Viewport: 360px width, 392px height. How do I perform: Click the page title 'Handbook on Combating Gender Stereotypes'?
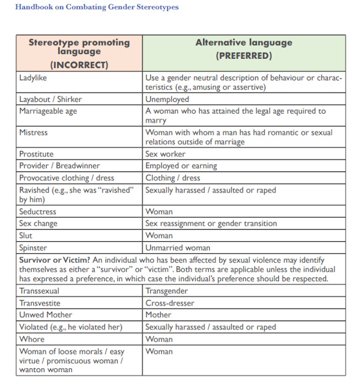point(97,7)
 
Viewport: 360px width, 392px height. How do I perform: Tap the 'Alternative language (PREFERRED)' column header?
point(244,49)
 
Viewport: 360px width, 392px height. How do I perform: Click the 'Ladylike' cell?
point(33,78)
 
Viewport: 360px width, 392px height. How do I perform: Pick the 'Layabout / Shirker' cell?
point(50,99)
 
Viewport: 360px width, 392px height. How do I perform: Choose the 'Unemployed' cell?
point(167,99)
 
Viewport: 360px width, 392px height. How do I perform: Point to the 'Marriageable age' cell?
point(48,111)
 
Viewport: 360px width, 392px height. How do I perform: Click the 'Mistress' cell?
point(33,133)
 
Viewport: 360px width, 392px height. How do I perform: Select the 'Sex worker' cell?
point(166,154)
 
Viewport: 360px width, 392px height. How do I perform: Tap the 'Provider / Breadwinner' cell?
point(60,166)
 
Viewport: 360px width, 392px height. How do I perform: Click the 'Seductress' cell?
point(38,211)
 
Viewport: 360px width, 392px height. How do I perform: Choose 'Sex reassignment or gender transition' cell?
point(211,223)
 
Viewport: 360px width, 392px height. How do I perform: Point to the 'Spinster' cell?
point(33,248)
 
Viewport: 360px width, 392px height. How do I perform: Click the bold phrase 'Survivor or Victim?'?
point(54,260)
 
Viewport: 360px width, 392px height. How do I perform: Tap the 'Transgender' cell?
point(167,291)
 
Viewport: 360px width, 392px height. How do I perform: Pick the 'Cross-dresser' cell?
point(168,303)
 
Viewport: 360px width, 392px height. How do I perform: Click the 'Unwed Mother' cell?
point(45,315)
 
